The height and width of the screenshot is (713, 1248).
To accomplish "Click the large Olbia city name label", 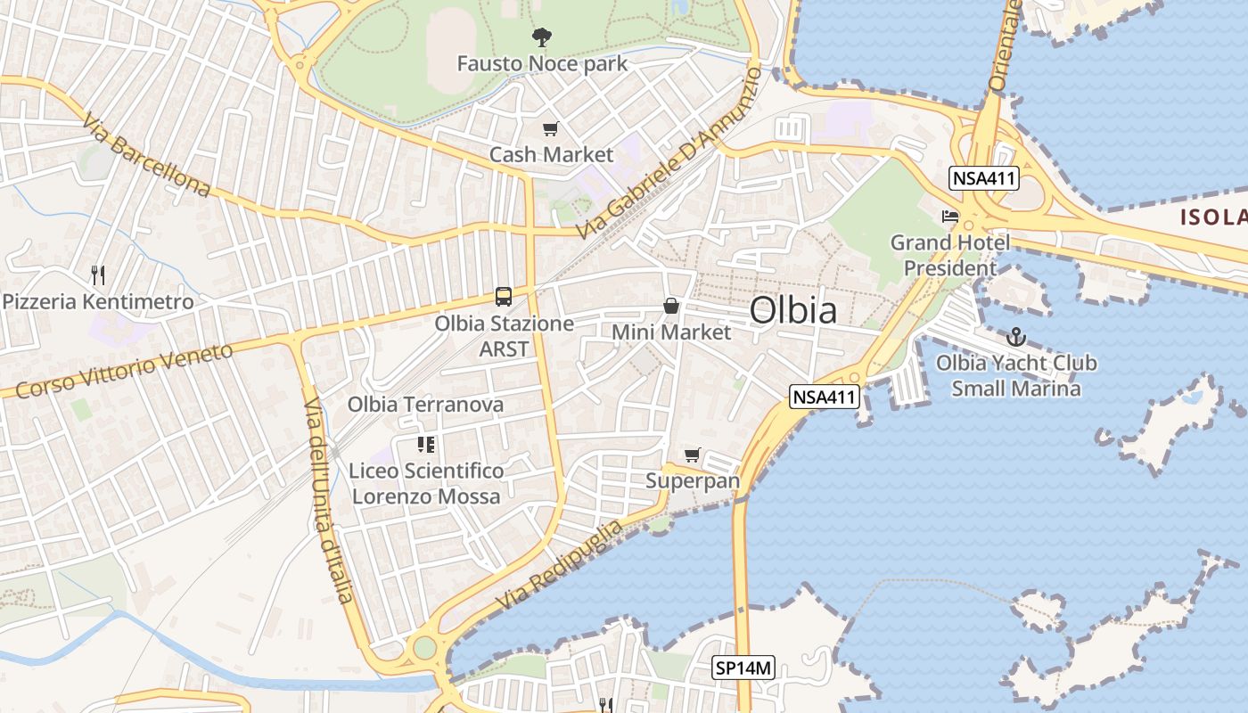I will pyautogui.click(x=792, y=311).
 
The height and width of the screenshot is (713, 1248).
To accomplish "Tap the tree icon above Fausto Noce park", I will pyautogui.click(x=541, y=37).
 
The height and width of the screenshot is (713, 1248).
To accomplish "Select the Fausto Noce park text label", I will pyautogui.click(x=542, y=64).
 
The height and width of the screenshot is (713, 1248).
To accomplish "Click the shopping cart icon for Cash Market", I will pyautogui.click(x=551, y=129).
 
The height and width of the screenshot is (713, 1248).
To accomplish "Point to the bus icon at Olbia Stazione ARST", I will pyautogui.click(x=504, y=296).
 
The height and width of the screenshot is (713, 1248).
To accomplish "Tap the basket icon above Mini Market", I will pyautogui.click(x=671, y=307).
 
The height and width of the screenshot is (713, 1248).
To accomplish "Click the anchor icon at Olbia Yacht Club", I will pyautogui.click(x=1015, y=337).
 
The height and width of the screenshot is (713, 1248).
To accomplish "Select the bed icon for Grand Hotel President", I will pyautogui.click(x=950, y=217).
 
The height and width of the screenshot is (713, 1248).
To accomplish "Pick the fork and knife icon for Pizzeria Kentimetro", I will pyautogui.click(x=98, y=275).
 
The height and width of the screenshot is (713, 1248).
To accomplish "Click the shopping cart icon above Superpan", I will pyautogui.click(x=693, y=455).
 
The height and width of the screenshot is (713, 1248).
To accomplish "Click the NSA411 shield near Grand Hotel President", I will pyautogui.click(x=984, y=178).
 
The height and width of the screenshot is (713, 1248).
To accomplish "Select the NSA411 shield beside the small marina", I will pyautogui.click(x=825, y=397).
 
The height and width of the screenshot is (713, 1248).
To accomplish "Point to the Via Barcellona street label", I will pyautogui.click(x=146, y=155).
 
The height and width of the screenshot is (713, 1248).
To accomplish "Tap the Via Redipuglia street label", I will pyautogui.click(x=559, y=565).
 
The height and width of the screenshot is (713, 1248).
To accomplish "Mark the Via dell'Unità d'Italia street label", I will pyautogui.click(x=328, y=501).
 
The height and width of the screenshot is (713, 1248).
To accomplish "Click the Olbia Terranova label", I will pyautogui.click(x=425, y=405).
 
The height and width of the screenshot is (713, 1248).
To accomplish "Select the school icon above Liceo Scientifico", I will pyautogui.click(x=426, y=444).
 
